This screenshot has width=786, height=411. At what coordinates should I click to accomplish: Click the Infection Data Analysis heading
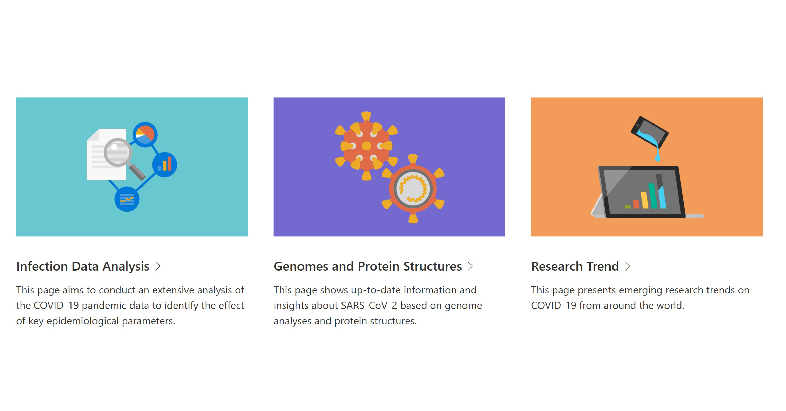(x=83, y=266)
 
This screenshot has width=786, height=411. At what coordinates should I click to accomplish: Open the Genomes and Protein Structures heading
(x=367, y=266)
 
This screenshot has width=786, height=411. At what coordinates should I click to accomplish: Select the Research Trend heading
(x=575, y=266)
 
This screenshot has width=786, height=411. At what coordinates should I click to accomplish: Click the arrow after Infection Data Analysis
(x=158, y=266)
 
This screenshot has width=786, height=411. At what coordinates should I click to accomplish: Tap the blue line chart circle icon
(x=127, y=199)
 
